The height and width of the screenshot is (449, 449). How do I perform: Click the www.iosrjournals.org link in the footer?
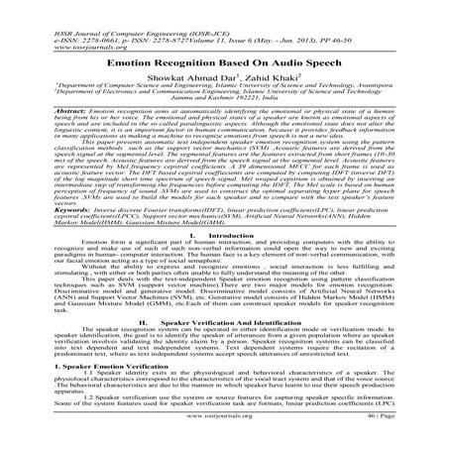pyautogui.click(x=223, y=434)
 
